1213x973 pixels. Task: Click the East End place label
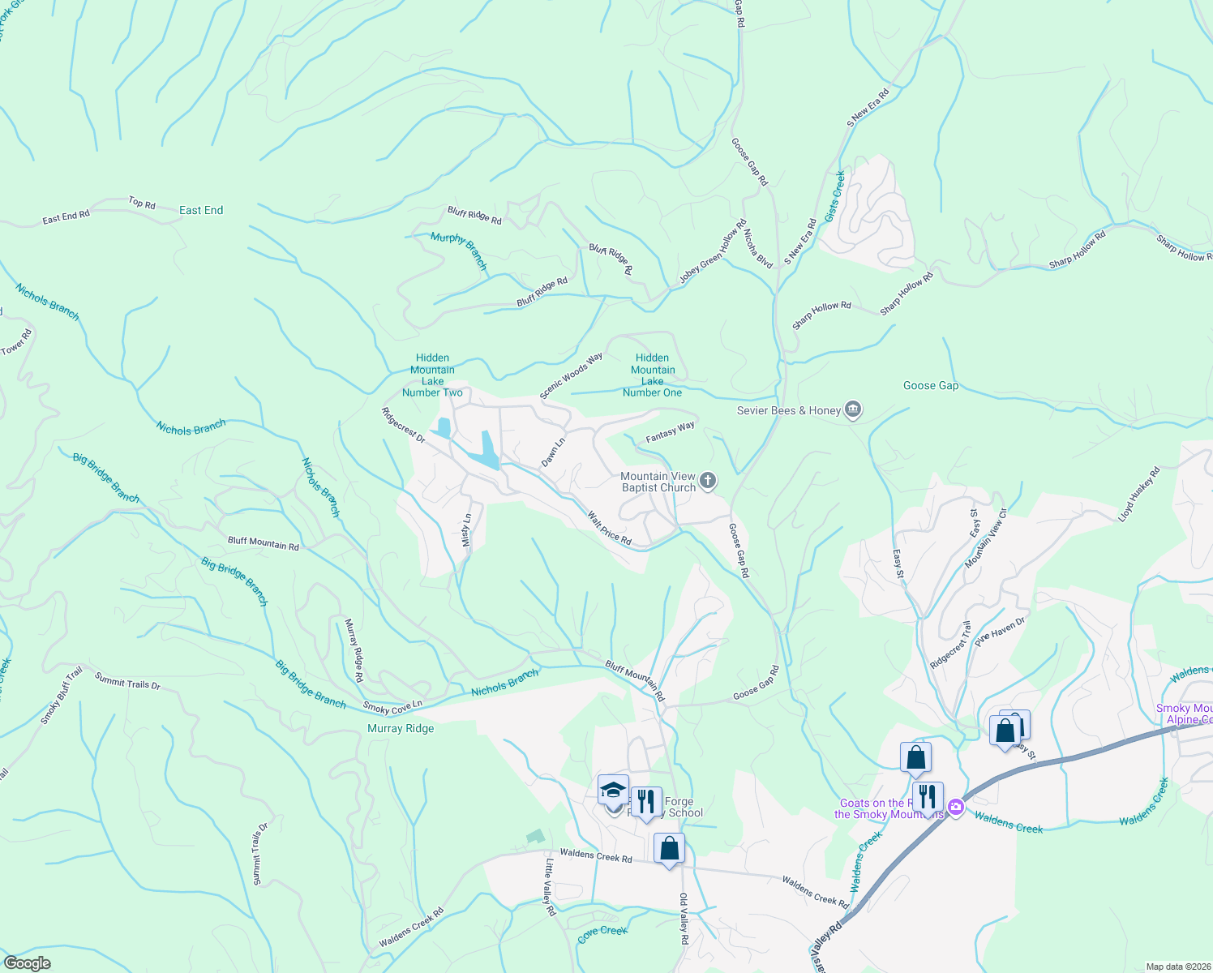pyautogui.click(x=201, y=210)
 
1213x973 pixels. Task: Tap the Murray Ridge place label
pyautogui.click(x=401, y=728)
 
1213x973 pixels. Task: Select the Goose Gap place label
pyautogui.click(x=931, y=385)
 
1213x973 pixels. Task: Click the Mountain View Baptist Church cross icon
pyautogui.click(x=708, y=482)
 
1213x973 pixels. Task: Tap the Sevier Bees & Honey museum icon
pyautogui.click(x=852, y=410)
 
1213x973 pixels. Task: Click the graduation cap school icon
pyautogui.click(x=613, y=790)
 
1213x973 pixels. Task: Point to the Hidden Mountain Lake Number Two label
pyautogui.click(x=432, y=375)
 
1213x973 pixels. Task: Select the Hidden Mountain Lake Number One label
pyautogui.click(x=653, y=375)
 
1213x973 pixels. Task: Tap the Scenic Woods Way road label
pyautogui.click(x=572, y=375)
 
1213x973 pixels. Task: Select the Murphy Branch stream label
pyautogui.click(x=459, y=251)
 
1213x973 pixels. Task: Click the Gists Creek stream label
pyautogui.click(x=835, y=195)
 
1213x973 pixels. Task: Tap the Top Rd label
pyautogui.click(x=142, y=203)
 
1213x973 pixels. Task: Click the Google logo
pyautogui.click(x=28, y=963)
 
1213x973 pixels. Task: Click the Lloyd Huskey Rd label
pyautogui.click(x=1139, y=494)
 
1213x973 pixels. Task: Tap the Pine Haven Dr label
pyautogui.click(x=1000, y=632)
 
